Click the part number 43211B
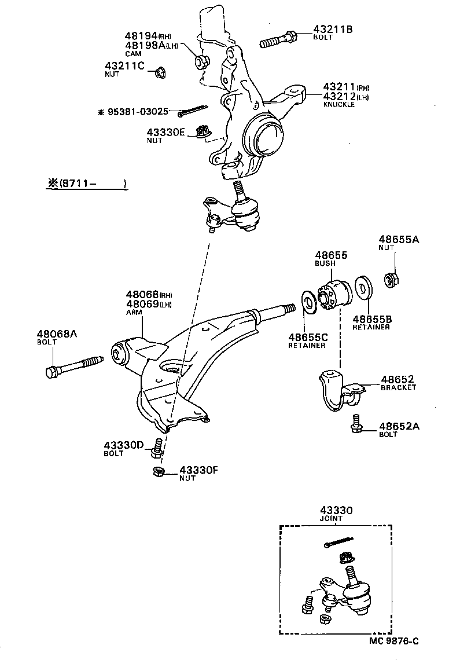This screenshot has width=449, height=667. point(333,28)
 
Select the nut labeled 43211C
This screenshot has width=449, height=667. point(160,72)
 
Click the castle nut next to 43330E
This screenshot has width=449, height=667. point(203,133)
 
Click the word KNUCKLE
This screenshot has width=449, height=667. point(339,105)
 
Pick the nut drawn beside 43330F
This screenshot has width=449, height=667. point(156,471)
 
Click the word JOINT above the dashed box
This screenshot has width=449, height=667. point(331,519)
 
